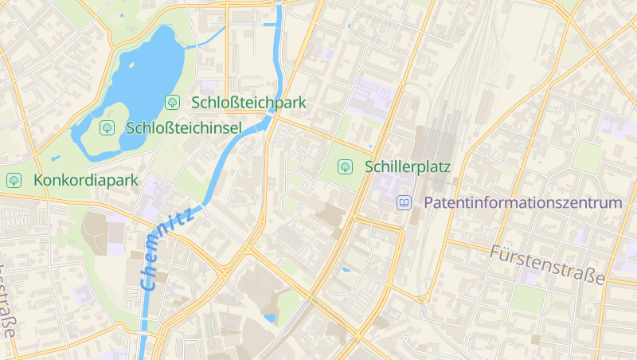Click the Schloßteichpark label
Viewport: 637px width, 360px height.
pyautogui.click(x=248, y=103)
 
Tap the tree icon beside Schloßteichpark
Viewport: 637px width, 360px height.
pyautogui.click(x=172, y=102)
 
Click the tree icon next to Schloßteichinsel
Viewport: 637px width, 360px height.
pyautogui.click(x=107, y=127)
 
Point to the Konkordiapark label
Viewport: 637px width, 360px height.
pyautogui.click(x=86, y=181)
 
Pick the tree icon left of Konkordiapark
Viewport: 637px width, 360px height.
pyautogui.click(x=14, y=180)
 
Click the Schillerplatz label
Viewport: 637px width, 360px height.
pyautogui.click(x=408, y=167)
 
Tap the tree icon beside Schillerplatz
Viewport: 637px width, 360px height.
pyautogui.click(x=346, y=166)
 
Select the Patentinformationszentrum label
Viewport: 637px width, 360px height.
pyautogui.click(x=522, y=203)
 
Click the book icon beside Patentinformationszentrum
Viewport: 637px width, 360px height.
pyautogui.click(x=404, y=203)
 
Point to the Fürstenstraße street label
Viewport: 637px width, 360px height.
pyautogui.click(x=548, y=265)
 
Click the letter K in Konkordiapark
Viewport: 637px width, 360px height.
pyautogui.click(x=39, y=181)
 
